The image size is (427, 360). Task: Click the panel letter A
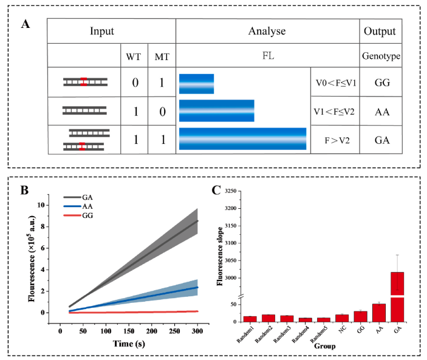(25, 24)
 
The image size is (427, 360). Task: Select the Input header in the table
(110, 31)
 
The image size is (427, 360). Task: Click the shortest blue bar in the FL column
(196, 84)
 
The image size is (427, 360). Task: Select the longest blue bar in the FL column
(242, 139)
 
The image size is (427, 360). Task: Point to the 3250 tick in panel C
(235, 191)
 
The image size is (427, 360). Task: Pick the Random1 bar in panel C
(250, 318)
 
